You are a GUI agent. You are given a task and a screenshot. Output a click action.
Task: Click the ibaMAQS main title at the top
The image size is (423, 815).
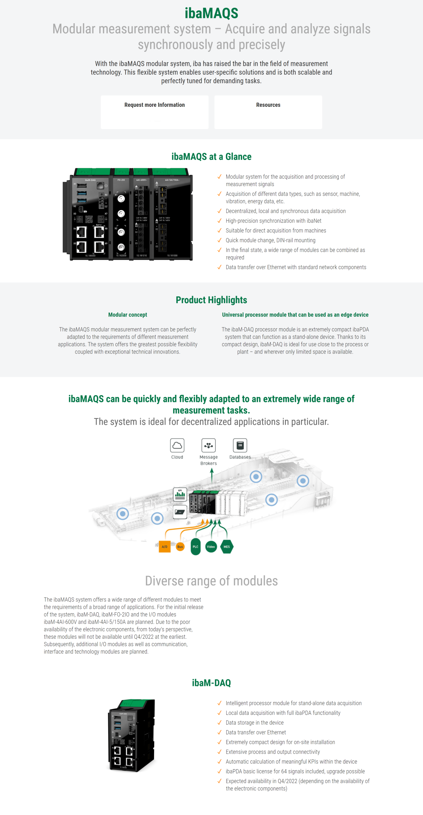click(211, 13)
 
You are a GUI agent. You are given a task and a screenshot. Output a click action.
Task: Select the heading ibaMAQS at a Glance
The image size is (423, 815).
click(211, 157)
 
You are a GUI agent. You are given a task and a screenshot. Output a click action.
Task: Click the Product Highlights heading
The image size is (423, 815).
click(211, 300)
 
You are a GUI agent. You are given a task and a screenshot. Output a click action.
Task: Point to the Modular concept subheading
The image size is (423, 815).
click(128, 315)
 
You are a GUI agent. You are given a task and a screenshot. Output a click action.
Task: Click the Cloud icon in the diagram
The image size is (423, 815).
click(177, 445)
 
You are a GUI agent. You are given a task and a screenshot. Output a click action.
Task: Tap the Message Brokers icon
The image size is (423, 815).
click(208, 445)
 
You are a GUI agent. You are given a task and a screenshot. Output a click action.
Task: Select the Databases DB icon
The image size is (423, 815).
click(240, 445)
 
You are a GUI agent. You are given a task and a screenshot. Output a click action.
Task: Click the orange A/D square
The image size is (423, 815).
click(165, 547)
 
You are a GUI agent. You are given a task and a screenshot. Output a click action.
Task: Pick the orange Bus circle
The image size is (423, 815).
click(180, 547)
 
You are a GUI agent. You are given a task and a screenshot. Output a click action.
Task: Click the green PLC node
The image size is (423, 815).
click(196, 547)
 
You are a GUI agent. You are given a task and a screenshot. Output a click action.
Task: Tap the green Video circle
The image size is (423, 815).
click(211, 547)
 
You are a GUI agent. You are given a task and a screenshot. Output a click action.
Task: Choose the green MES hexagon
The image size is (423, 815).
click(227, 547)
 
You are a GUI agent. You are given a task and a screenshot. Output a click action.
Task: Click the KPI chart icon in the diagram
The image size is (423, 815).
click(180, 494)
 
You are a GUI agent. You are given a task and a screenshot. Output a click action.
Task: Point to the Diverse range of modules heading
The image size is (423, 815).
click(211, 581)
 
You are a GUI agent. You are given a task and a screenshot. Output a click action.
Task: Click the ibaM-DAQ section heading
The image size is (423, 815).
click(211, 683)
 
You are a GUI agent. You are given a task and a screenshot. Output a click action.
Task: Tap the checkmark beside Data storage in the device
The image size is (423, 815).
click(220, 723)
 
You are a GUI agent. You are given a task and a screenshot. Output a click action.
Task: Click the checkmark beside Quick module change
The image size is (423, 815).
click(220, 240)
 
